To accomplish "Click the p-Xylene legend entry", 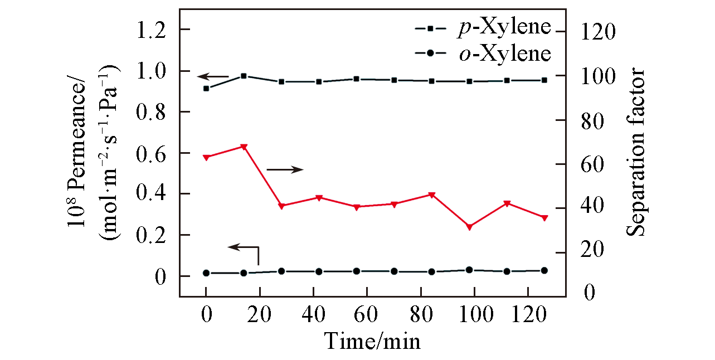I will pos(483,28).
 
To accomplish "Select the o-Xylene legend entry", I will pos(483,53).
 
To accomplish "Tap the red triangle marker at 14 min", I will pos(244,147).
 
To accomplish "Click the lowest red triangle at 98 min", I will pos(469,227).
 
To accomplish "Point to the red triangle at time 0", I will pos(206,157).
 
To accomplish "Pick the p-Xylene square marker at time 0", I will pos(206,88).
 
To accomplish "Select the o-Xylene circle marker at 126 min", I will pos(544,270).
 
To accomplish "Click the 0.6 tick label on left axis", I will pos(151,153).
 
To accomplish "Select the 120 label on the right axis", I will pos(600,32).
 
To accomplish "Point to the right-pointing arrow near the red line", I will pos(285,169).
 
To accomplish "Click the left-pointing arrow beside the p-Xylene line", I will pos(213,76).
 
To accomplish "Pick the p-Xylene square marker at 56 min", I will pos(356,79).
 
